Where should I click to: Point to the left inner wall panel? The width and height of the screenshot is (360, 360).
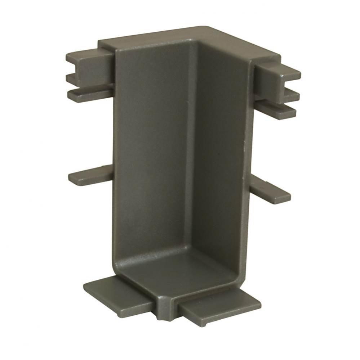155,151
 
